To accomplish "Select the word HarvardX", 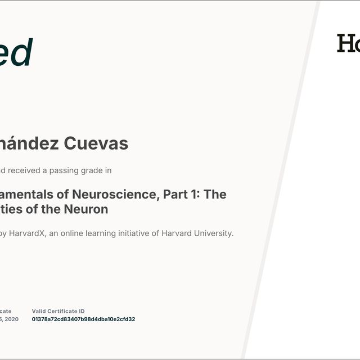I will (x=27, y=233).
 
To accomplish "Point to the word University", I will (x=213, y=233).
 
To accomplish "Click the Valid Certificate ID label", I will (x=58, y=311).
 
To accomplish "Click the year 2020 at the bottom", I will (x=11, y=319).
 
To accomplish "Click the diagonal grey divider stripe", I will (x=281, y=180).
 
